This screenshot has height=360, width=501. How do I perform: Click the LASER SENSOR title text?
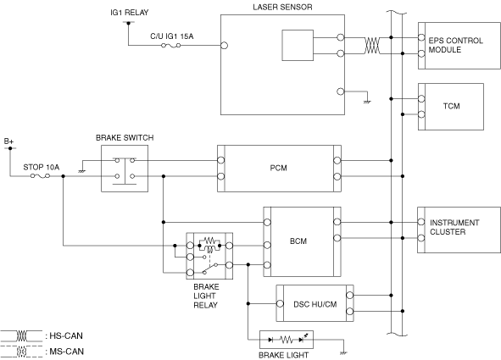tap(282, 7)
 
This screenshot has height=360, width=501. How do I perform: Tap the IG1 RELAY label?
tap(130, 13)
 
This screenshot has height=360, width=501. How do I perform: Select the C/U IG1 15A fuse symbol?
tap(171, 46)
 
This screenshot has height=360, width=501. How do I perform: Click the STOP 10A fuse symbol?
tap(40, 176)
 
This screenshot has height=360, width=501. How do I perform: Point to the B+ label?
tap(8, 141)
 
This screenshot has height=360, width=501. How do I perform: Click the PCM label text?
tap(278, 168)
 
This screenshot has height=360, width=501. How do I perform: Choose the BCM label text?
tap(298, 241)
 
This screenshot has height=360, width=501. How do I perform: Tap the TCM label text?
tap(451, 106)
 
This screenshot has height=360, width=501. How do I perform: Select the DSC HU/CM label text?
tap(315, 304)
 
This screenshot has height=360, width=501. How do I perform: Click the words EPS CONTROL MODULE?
tap(455, 45)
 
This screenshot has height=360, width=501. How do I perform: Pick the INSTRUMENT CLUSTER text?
tap(454, 227)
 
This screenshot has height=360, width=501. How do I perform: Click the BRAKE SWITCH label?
tap(125, 137)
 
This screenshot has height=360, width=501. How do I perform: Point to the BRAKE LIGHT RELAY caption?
tap(206, 296)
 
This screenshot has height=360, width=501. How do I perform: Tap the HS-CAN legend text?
tap(66, 335)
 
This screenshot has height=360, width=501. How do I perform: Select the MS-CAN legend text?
tap(66, 352)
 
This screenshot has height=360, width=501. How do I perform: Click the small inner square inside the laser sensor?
tap(298, 46)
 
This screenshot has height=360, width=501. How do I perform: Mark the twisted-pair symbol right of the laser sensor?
tap(372, 46)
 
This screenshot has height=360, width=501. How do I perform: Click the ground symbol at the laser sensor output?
tap(367, 102)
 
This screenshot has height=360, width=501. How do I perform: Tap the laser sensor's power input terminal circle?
tap(225, 46)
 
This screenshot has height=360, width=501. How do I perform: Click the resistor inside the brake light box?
tap(286, 340)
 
